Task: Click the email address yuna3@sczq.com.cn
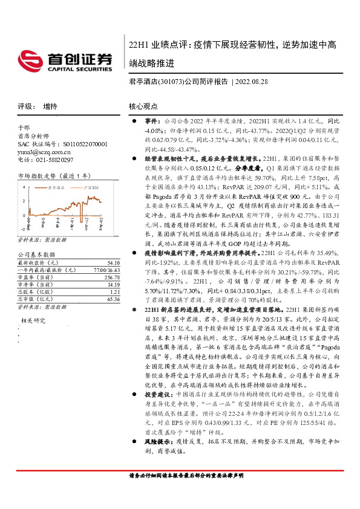(42, 152)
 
